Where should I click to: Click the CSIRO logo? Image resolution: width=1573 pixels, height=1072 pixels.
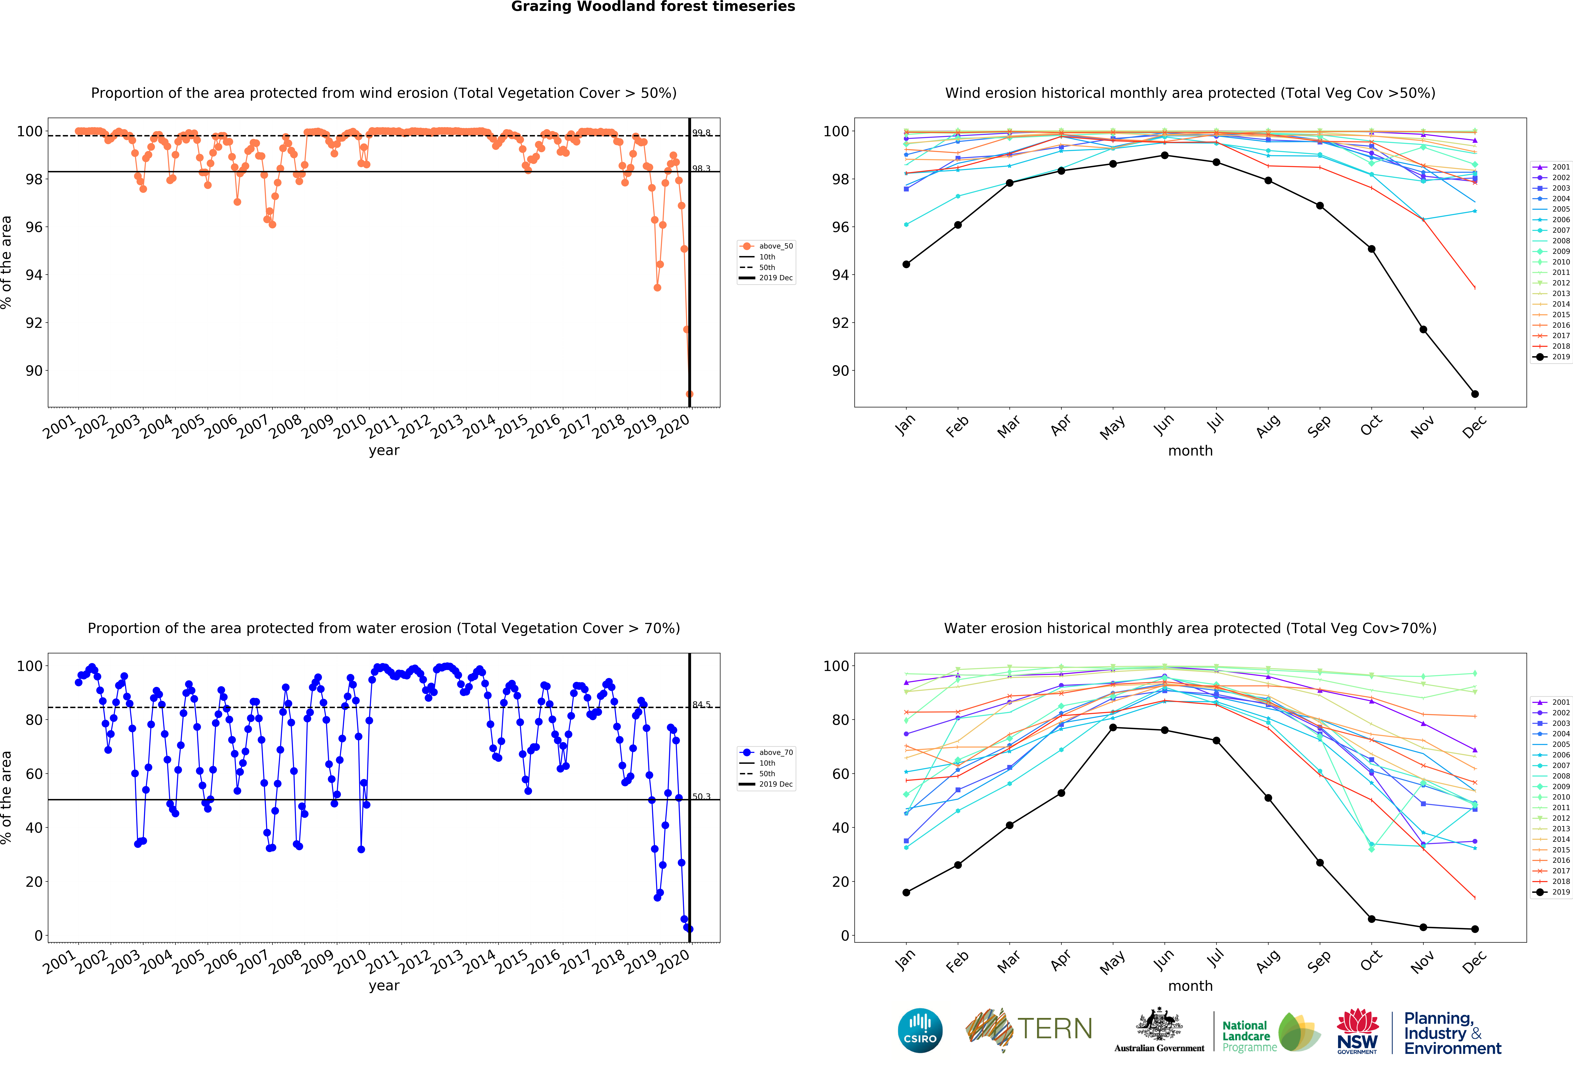920,1030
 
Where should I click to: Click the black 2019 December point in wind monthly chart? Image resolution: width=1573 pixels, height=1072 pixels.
1475,394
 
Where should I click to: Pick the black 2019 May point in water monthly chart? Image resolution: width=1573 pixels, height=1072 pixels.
1113,728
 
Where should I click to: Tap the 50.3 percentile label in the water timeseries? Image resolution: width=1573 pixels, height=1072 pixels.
701,796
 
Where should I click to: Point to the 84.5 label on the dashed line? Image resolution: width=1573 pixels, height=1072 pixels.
701,705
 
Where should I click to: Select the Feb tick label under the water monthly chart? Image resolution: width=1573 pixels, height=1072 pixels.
957,961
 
